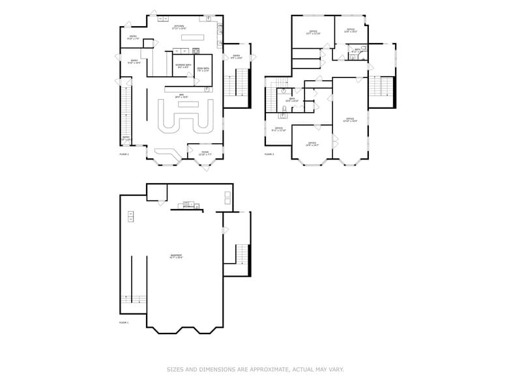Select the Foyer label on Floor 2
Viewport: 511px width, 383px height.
[205, 153]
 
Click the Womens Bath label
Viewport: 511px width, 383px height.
[183, 66]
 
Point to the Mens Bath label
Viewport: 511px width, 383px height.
[203, 69]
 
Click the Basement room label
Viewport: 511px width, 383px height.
[176, 256]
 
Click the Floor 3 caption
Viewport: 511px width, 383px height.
[269, 154]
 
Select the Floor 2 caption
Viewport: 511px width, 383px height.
[124, 154]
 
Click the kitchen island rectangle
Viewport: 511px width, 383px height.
[192, 38]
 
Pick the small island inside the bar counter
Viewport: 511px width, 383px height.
[188, 104]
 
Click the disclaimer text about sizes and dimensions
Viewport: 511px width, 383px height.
[255, 369]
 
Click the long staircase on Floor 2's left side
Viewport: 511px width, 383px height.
[126, 113]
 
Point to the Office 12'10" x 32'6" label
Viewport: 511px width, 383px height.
[350, 120]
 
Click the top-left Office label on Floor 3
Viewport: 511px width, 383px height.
[313, 32]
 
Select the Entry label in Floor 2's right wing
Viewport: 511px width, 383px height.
[237, 57]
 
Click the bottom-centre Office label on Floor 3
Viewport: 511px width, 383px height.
[312, 144]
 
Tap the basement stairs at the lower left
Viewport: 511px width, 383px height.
[134, 300]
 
